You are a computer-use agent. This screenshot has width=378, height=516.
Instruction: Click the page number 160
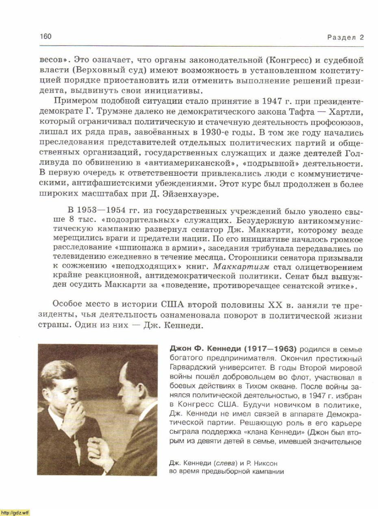pos(46,37)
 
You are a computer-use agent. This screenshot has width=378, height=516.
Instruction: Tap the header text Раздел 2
pos(345,37)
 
